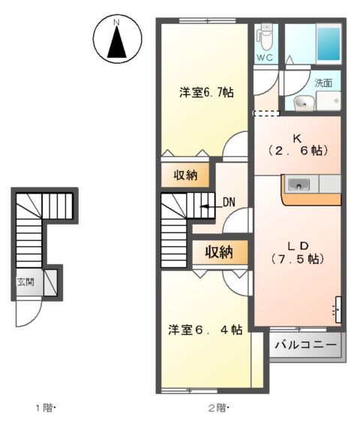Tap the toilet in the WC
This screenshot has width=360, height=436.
tap(264, 35)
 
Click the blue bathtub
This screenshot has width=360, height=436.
tap(327, 44)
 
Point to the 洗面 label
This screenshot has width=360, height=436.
tap(323, 83)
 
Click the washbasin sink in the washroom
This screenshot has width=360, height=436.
tap(304, 103)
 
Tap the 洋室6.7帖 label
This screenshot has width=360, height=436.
tap(205, 93)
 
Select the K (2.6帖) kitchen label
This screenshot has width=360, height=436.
tap(297, 145)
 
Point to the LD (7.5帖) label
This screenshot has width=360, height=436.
tap(296, 252)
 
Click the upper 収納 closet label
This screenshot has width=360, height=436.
tap(186, 176)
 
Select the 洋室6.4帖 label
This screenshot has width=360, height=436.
tap(205, 329)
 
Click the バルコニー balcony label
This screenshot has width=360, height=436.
tap(305, 346)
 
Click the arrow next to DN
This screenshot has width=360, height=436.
tap(211, 202)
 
